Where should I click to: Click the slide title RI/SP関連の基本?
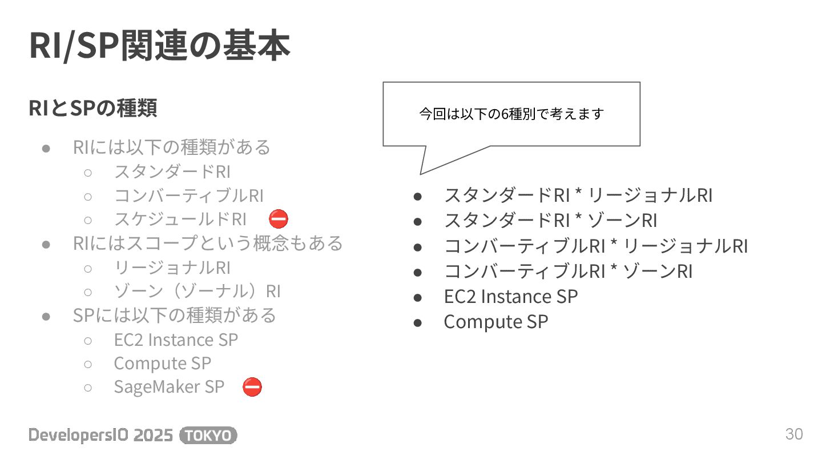(x=160, y=46)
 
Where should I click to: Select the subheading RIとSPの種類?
(x=93, y=108)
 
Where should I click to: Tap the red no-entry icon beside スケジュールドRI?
(x=279, y=219)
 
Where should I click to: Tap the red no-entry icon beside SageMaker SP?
(x=252, y=387)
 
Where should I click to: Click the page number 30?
(x=794, y=434)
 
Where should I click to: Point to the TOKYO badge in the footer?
(x=208, y=436)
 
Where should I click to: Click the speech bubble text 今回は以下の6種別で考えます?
(x=511, y=114)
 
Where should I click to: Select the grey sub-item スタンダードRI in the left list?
(x=172, y=171)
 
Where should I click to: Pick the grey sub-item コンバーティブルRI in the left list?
(x=188, y=195)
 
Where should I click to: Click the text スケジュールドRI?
(x=180, y=219)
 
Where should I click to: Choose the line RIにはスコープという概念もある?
(x=208, y=243)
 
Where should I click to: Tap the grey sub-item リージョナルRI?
(x=172, y=268)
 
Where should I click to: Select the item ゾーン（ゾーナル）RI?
(x=197, y=292)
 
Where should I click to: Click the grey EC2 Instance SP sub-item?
(x=176, y=340)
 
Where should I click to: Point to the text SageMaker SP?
(x=169, y=387)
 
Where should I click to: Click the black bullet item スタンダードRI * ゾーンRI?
(x=550, y=221)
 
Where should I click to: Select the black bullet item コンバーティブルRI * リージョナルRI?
(x=595, y=246)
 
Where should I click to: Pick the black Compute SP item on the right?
(x=495, y=322)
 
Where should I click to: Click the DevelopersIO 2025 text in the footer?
(x=100, y=436)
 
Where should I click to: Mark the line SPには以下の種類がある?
(x=174, y=316)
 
